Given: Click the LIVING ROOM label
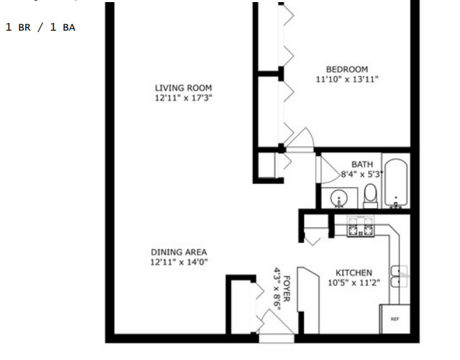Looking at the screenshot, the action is coord(183,88).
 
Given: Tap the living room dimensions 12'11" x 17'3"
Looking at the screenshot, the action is coord(183,97).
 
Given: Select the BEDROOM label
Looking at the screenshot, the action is coord(347,70).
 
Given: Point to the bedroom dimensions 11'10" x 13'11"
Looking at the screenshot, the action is coord(347,79).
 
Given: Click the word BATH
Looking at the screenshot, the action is coord(363,164).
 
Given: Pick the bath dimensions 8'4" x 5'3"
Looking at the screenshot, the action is coord(363,174).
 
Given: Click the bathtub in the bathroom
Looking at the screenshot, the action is coord(396,183).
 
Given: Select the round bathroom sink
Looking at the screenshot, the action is coord(339,198).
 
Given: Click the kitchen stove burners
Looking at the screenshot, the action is coord(360,226).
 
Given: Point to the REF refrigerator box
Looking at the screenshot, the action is coord(395,319).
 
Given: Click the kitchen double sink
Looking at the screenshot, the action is coord(399,276).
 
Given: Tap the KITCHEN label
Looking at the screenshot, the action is coord(354,273).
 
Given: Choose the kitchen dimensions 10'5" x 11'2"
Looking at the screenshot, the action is coord(354,283).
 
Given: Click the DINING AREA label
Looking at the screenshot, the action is coord(179,252).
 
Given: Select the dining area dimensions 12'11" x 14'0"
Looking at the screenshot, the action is coord(179,262).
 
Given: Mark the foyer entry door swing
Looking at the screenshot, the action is coord(276,322).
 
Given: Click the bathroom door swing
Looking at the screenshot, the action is coord(331,170).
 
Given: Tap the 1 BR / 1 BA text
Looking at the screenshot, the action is coord(40,27).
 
